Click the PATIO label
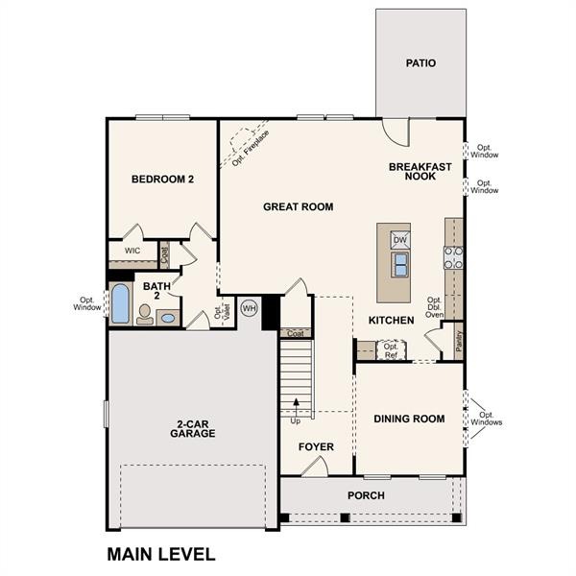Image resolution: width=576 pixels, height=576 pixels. [x=420, y=63]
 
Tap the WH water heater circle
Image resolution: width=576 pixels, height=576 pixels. [x=249, y=308]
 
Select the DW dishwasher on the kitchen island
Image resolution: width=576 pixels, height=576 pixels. [x=400, y=240]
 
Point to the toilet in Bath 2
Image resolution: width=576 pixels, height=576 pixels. [x=145, y=315]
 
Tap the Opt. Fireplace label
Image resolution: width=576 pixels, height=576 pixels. [x=251, y=148]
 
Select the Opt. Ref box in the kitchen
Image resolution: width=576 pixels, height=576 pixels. [x=392, y=350]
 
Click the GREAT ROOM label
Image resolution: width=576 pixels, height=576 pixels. [x=299, y=206]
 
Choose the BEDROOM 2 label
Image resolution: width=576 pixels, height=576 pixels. [x=162, y=180]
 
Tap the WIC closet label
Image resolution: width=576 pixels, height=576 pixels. [x=132, y=251]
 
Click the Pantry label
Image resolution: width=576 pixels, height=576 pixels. [x=459, y=341]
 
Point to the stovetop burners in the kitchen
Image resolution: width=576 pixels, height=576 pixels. [x=454, y=257]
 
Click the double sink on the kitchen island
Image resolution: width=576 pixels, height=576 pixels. [x=400, y=265]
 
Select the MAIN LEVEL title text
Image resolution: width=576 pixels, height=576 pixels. [x=161, y=554]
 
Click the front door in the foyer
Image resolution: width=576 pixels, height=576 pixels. [x=314, y=467]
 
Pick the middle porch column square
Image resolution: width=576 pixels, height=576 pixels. [x=345, y=517]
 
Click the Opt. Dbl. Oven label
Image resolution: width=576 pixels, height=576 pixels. [x=434, y=307]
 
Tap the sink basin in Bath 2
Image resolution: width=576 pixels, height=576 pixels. [x=168, y=318]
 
